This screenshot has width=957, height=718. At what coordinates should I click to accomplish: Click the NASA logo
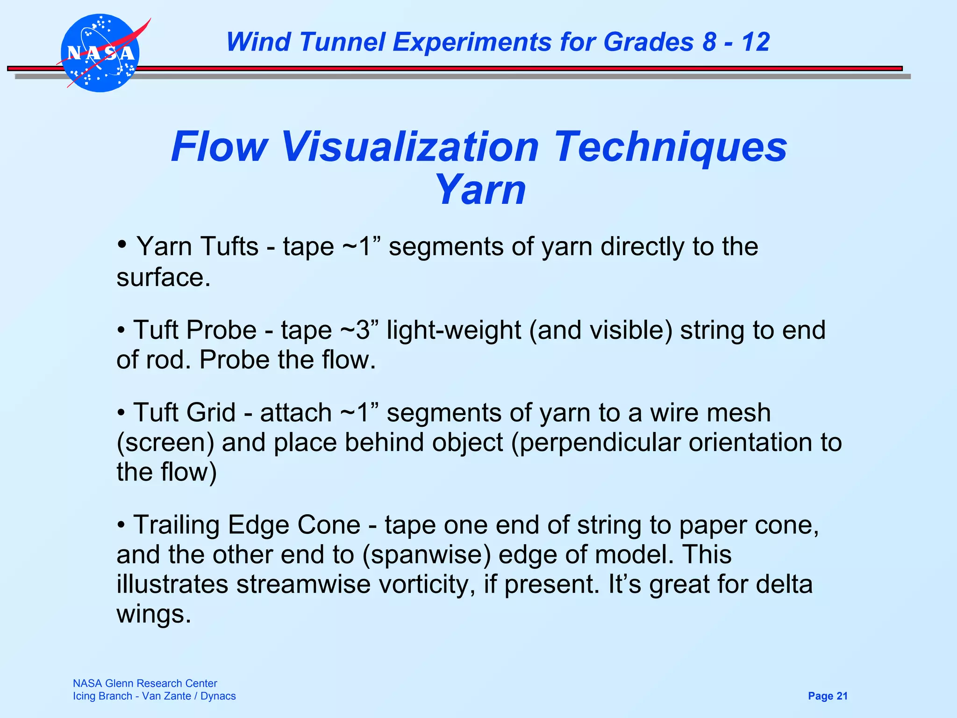(x=100, y=53)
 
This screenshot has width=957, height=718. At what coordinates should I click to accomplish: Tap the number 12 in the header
(x=756, y=42)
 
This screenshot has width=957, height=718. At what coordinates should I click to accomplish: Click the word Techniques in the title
(x=671, y=148)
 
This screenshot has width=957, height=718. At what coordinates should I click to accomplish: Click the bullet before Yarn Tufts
(x=122, y=244)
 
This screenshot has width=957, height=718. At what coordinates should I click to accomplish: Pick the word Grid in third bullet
(x=210, y=413)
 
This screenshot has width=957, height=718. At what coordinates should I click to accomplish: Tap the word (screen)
(x=165, y=443)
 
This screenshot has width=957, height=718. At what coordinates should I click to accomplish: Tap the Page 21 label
(x=828, y=696)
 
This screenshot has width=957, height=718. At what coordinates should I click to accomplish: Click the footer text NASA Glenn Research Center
(x=145, y=683)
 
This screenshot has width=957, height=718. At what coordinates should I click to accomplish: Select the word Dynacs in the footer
(x=218, y=696)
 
